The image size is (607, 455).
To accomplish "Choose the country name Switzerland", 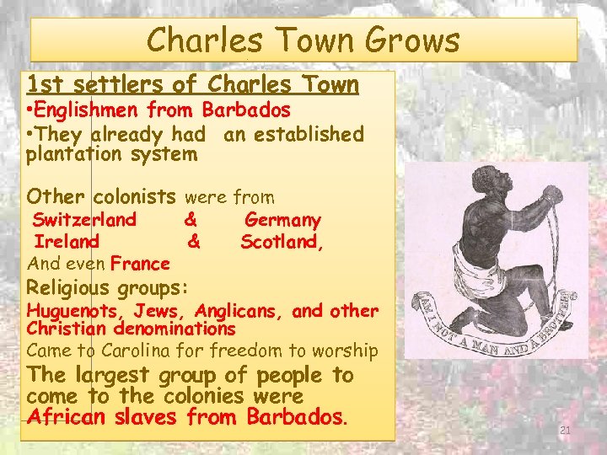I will pyautogui.click(x=84, y=220).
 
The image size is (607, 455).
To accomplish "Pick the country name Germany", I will pyautogui.click(x=282, y=220).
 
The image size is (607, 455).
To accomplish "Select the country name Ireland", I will pyautogui.click(x=67, y=242).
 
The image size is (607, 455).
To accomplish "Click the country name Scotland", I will pyautogui.click(x=282, y=242).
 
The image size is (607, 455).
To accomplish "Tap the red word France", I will pyautogui.click(x=140, y=264).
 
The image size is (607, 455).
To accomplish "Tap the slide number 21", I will pyautogui.click(x=566, y=431).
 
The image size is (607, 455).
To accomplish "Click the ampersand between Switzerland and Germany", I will pyautogui.click(x=191, y=220).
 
